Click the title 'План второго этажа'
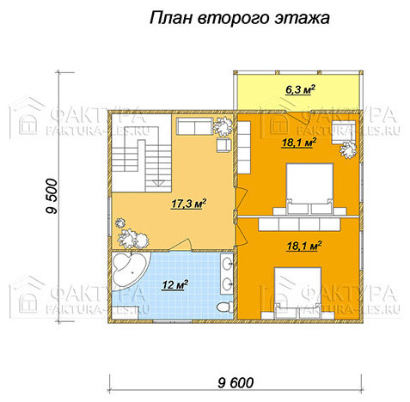[x=240, y=18]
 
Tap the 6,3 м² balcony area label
[x=300, y=90]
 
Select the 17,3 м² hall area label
[x=189, y=204]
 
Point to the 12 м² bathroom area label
[x=174, y=284]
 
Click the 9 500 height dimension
[x=52, y=197]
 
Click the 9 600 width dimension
[x=236, y=382]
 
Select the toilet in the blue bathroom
[x=225, y=308]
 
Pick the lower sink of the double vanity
[x=228, y=283]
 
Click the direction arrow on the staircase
[x=157, y=183]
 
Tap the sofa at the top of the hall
[x=194, y=125]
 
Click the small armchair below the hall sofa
[x=223, y=144]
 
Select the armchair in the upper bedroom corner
[x=344, y=132]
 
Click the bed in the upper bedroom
[x=309, y=189]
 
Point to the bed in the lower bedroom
[x=298, y=293]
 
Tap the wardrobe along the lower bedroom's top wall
[x=299, y=224]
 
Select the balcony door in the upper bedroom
[x=298, y=118]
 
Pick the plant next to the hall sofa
[x=223, y=125]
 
